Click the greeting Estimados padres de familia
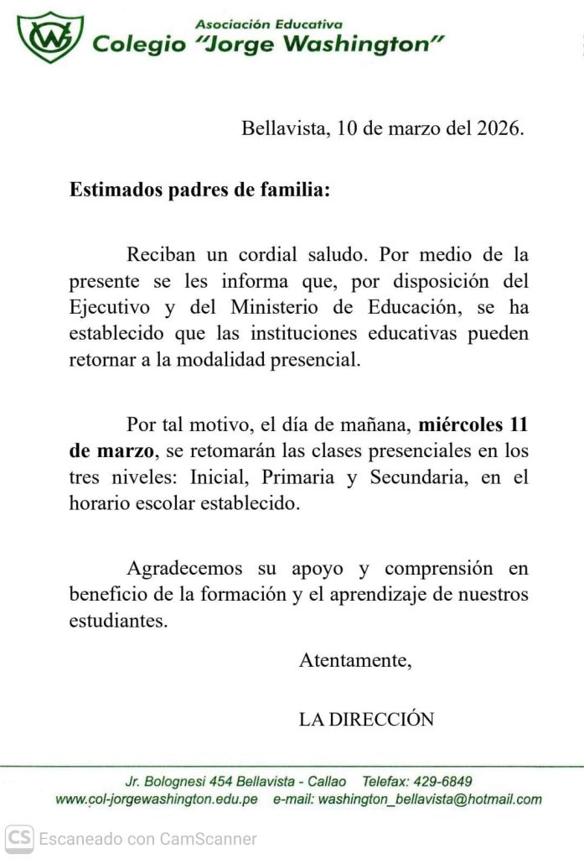point(199,190)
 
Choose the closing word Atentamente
point(355,660)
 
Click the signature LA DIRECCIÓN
point(366,719)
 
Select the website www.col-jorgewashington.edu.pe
point(157,799)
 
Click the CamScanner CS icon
point(19,837)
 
